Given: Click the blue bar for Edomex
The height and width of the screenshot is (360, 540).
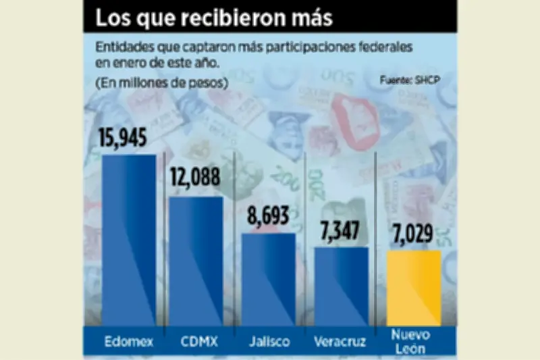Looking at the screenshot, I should point(129,240).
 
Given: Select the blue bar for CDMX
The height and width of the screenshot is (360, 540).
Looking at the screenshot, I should point(196,261).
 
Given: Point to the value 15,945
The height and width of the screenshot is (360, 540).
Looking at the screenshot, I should point(122,138).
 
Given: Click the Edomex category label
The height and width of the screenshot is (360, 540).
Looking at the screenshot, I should point(128,341).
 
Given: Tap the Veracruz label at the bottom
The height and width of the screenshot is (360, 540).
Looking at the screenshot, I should point(342,341).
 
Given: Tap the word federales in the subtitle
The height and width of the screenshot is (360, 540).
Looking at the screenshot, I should point(380,50).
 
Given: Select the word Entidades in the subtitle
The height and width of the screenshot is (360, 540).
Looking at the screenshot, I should point(122,50).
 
